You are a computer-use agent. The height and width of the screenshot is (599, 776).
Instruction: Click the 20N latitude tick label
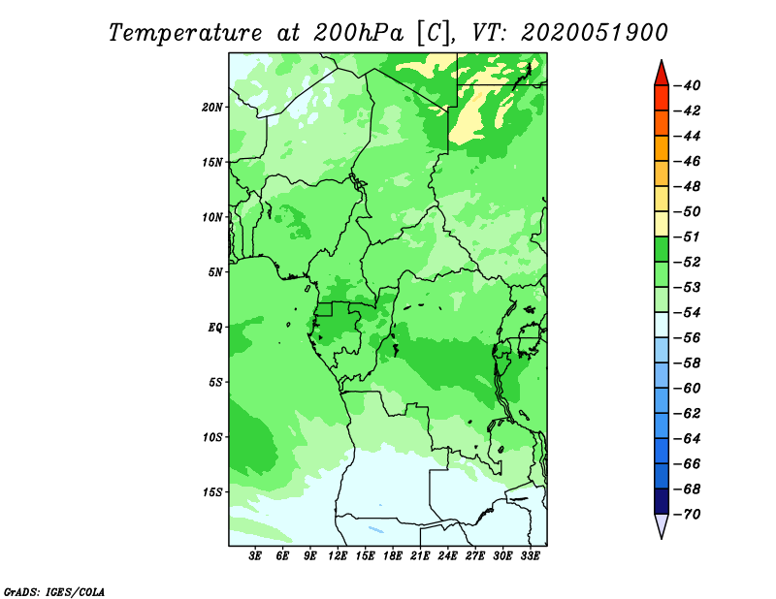[x=212, y=108]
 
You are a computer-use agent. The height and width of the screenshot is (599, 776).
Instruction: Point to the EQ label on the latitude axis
[x=214, y=328]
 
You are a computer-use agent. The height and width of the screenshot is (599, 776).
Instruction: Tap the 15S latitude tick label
[x=212, y=492]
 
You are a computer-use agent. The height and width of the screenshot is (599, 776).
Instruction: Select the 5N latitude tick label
[x=215, y=272]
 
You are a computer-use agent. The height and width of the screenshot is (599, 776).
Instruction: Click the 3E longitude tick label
[x=255, y=556]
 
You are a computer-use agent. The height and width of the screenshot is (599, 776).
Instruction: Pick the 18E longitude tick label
[x=392, y=556]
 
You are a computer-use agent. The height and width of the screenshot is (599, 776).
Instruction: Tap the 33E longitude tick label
[x=530, y=556]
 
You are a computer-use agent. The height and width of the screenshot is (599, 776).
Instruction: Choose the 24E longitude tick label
[x=447, y=556]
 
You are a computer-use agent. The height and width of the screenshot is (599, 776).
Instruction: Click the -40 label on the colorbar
[x=687, y=85]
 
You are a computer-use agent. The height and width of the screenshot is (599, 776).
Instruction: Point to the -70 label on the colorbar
[x=687, y=515]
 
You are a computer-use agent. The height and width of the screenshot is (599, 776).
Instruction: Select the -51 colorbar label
[x=687, y=236]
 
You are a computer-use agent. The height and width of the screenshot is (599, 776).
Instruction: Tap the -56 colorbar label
[x=687, y=338]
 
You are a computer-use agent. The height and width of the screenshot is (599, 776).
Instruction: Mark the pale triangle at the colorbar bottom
[x=662, y=524]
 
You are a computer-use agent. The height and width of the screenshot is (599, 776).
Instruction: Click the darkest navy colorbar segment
[x=662, y=501]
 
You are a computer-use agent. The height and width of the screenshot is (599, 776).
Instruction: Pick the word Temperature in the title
[x=184, y=33]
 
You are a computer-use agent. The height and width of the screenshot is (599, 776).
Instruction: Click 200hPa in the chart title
[x=358, y=33]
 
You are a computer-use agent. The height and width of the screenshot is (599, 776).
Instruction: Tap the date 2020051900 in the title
[x=594, y=33]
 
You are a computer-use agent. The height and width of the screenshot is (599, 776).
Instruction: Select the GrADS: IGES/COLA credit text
[x=54, y=591]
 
